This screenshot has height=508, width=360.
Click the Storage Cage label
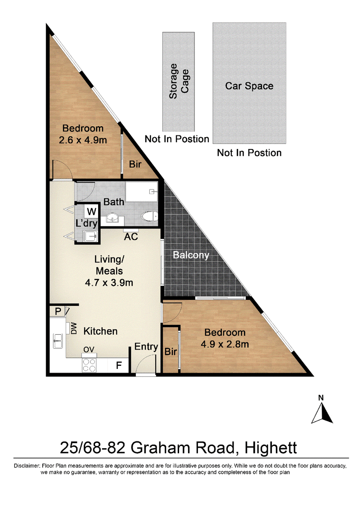[x=179, y=81]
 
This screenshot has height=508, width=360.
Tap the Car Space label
[x=249, y=86]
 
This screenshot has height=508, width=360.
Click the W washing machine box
[x=91, y=211]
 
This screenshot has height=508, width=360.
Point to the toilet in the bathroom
[x=149, y=216]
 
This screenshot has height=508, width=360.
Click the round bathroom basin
[x=112, y=218]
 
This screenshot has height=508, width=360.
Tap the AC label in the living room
[x=131, y=237]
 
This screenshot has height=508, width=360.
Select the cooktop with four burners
[x=89, y=365]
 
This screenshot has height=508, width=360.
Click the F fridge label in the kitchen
[x=119, y=365]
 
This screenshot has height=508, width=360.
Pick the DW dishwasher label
[x=74, y=328]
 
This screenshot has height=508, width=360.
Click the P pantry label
[x=58, y=311]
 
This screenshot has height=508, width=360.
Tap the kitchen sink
[x=58, y=341]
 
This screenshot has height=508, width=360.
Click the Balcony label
[x=191, y=255]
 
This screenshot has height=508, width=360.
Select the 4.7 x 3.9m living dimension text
[x=109, y=283]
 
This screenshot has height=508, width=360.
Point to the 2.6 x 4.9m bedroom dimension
[x=83, y=140]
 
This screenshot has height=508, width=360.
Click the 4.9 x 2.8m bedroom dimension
[x=225, y=344]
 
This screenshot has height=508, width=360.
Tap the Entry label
[x=146, y=346]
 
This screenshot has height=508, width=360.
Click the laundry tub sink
[x=90, y=236]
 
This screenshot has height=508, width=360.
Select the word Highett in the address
[x=270, y=448]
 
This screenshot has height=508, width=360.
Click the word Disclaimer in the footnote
[x=27, y=466]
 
